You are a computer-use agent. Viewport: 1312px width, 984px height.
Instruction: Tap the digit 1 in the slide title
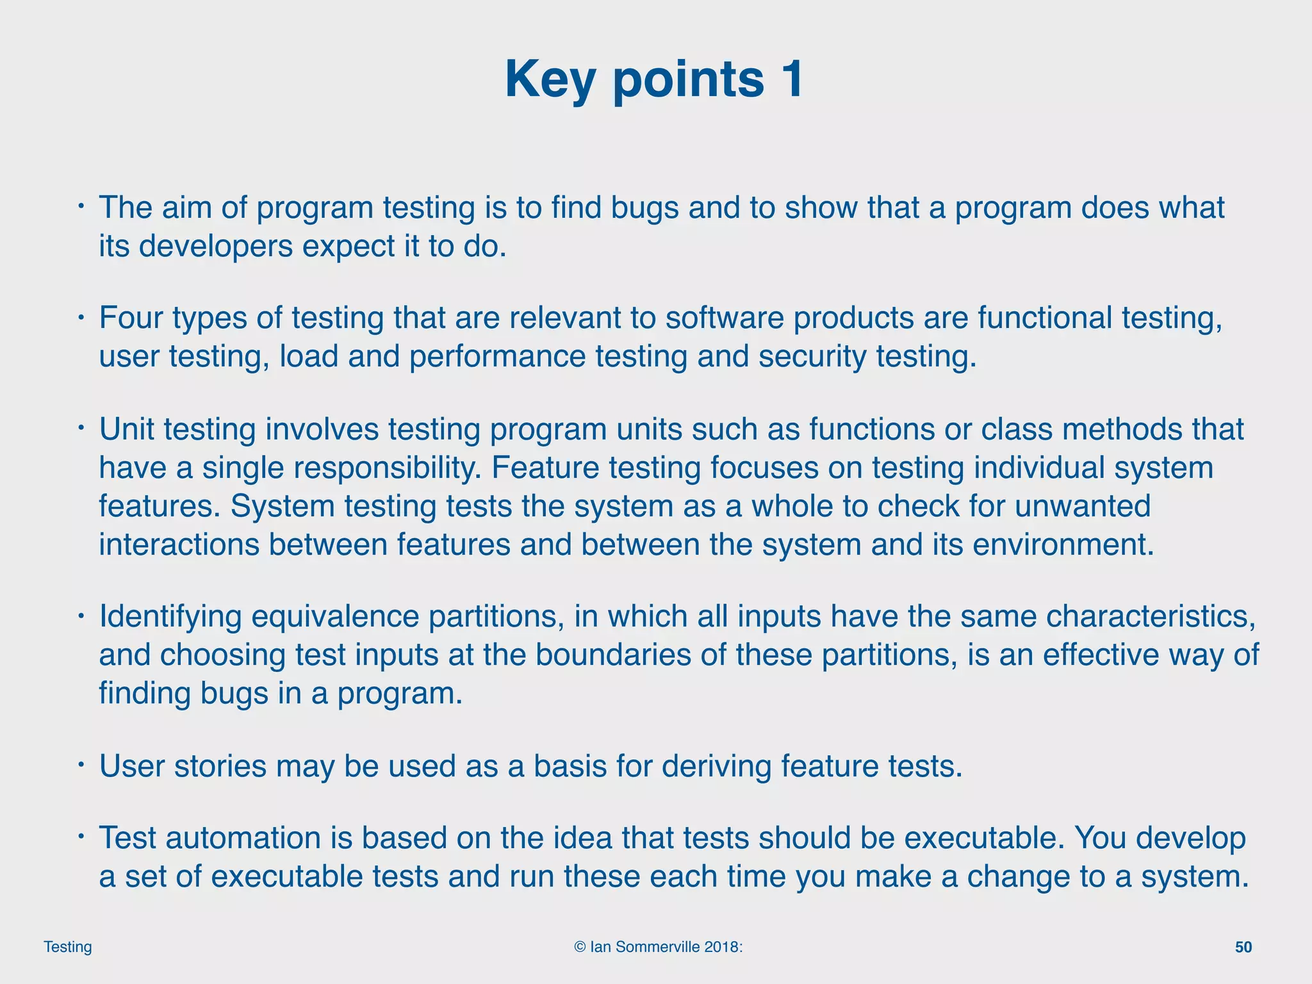coord(790,79)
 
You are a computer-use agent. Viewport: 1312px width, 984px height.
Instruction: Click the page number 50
coord(1243,947)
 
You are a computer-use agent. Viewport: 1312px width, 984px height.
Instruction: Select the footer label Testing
coord(67,947)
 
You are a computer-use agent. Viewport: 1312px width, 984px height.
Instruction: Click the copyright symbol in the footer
coord(580,947)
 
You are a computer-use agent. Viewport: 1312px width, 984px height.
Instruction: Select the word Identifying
coord(170,617)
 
